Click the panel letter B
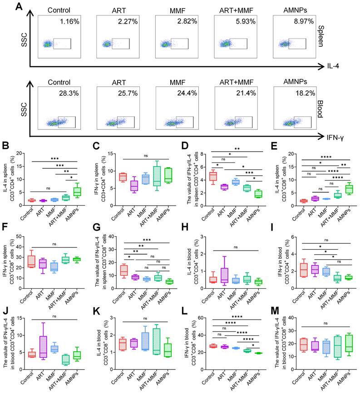point(5,146)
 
